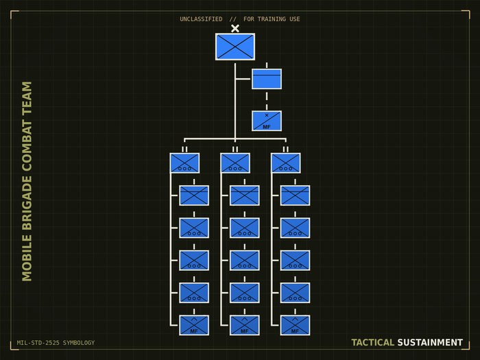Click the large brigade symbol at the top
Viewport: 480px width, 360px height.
[235, 47]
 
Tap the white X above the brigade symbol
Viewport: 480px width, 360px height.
[235, 28]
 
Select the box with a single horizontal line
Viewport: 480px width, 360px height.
[267, 79]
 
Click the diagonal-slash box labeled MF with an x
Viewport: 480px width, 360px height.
[267, 121]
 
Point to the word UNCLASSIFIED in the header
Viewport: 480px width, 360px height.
[201, 19]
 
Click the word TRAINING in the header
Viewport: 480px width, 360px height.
[272, 19]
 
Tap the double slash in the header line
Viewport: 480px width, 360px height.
[233, 19]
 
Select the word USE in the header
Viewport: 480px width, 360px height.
[295, 19]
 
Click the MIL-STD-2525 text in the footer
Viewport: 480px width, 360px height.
[38, 343]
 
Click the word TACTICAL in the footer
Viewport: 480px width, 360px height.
[372, 342]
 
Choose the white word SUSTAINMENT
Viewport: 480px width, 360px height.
[430, 342]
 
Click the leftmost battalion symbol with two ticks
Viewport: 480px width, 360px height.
[184, 163]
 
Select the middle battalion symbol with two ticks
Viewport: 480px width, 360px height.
[235, 163]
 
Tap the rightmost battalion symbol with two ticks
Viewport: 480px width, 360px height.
[286, 163]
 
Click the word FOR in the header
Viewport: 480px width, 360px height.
[249, 19]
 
